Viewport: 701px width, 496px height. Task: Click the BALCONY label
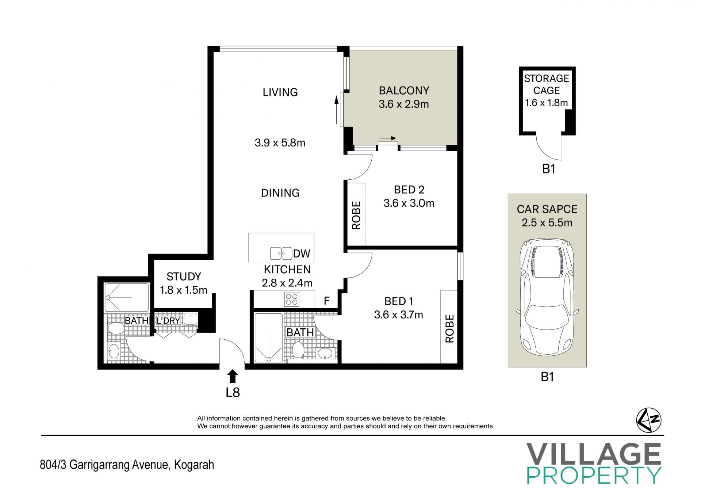click(x=404, y=90)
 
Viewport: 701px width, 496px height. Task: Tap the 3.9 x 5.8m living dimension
click(x=280, y=142)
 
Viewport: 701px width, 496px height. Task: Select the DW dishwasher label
click(x=302, y=253)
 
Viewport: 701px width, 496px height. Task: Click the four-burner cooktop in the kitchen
click(x=292, y=299)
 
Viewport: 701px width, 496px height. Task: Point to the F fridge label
click(x=327, y=301)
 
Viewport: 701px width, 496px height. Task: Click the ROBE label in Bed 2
click(x=356, y=215)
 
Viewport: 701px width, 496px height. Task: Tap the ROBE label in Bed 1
click(x=449, y=328)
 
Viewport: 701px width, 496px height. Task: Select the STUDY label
click(x=184, y=276)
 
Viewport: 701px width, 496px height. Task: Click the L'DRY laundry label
click(x=168, y=321)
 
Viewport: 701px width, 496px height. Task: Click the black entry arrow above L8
click(x=233, y=377)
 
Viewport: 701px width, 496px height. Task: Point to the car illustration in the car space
click(x=547, y=297)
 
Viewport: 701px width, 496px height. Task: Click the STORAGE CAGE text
click(x=547, y=84)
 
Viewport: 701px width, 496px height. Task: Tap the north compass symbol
click(x=649, y=420)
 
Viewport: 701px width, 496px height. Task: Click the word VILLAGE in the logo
click(x=594, y=454)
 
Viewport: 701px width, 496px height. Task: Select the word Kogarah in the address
click(x=194, y=465)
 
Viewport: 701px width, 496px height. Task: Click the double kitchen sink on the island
click(x=281, y=253)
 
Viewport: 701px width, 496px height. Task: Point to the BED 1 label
click(x=399, y=301)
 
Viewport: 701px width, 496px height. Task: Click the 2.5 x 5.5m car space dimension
click(x=547, y=222)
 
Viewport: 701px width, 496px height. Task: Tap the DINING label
click(x=280, y=192)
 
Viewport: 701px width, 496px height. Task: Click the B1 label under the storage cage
click(x=548, y=169)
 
